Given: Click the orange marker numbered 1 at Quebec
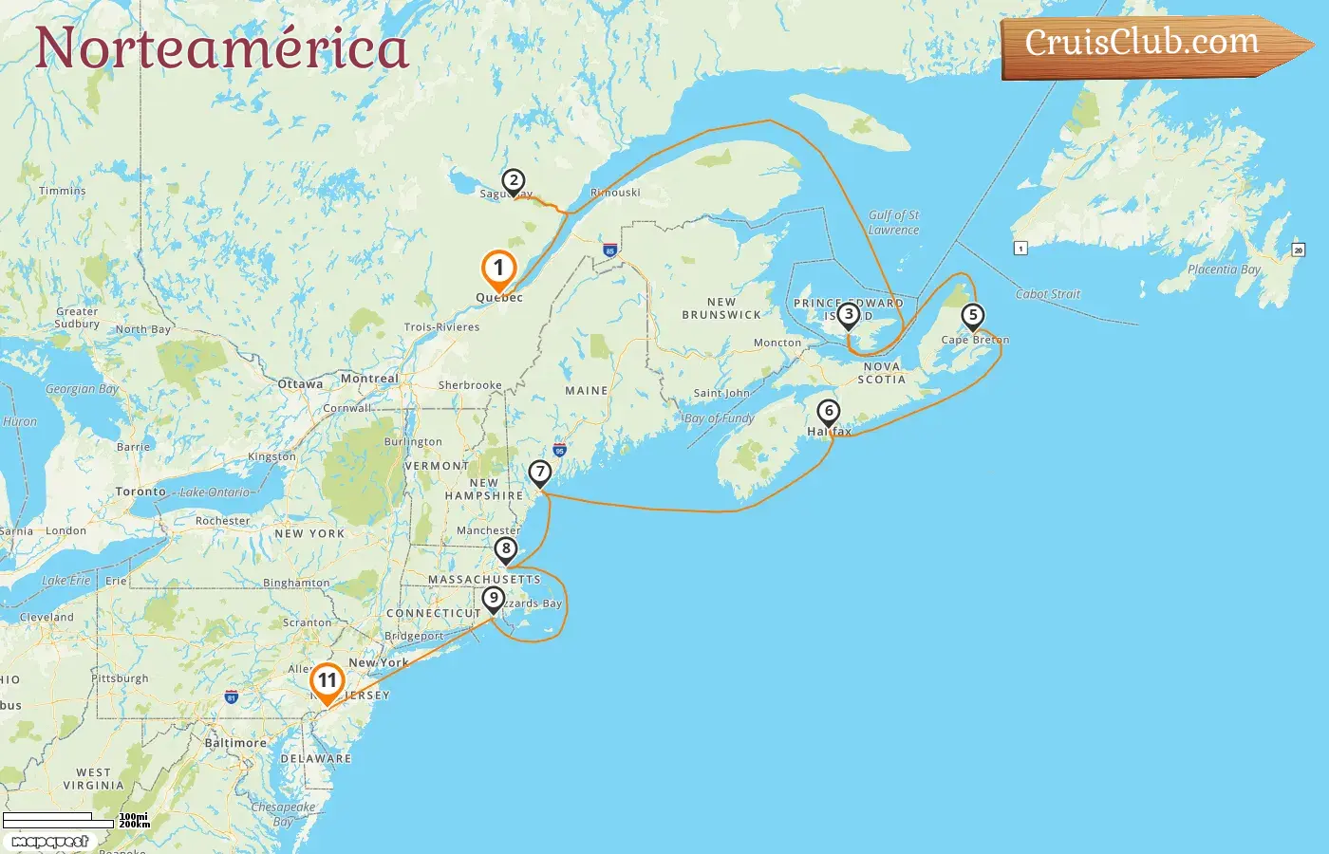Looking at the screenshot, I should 498,269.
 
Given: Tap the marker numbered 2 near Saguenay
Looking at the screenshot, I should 513,180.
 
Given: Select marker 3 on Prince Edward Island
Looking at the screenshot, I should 848,314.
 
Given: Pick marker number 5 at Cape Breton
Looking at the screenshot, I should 972,315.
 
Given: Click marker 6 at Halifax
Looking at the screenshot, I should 829,412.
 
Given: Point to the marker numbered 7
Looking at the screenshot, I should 540,472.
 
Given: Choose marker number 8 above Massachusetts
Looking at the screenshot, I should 506,548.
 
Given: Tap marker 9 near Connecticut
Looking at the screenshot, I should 493,599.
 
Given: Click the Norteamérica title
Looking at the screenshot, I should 222,49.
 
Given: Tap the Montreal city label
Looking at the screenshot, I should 369,379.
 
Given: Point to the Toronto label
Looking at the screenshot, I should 140,492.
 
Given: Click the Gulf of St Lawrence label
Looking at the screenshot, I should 893,222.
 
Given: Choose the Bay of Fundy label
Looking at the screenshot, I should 719,418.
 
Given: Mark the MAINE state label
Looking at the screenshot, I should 587,391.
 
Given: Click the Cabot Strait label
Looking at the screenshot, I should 1048,294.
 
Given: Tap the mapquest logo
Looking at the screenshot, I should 49,842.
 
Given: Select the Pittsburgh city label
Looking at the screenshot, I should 121,678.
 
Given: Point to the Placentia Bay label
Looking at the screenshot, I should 1224,269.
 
